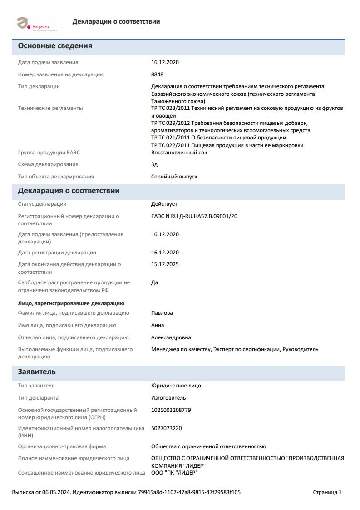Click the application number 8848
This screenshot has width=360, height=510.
click(x=157, y=74)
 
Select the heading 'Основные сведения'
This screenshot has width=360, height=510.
click(x=55, y=46)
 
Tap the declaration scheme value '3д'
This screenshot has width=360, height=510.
click(x=154, y=164)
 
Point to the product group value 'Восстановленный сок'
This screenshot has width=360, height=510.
click(x=179, y=153)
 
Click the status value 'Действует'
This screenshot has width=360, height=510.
click(x=164, y=204)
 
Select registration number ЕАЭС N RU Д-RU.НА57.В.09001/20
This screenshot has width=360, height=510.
click(x=194, y=216)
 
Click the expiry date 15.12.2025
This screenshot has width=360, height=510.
click(x=165, y=264)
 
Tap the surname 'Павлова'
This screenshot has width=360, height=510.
click(x=162, y=313)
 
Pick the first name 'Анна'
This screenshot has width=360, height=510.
click(x=158, y=325)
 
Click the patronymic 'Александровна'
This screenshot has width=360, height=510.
click(x=171, y=337)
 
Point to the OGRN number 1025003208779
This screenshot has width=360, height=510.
click(x=171, y=410)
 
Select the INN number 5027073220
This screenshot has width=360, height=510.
click(x=166, y=428)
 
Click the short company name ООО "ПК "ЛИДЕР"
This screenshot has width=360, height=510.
click(x=174, y=473)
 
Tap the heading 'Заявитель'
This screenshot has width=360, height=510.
click(x=37, y=372)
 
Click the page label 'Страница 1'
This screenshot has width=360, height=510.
click(x=327, y=492)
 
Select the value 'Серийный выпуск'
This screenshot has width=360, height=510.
click(x=174, y=177)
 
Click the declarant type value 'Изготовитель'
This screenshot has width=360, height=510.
click(x=168, y=398)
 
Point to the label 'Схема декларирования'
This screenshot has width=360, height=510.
click(x=48, y=164)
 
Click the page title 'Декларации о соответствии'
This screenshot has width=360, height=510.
click(x=116, y=22)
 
